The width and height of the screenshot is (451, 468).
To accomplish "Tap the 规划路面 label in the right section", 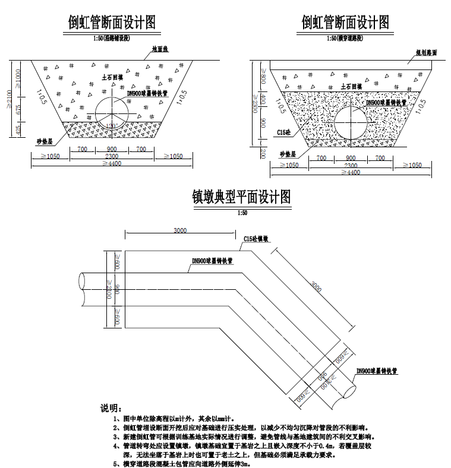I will click(x=426, y=52).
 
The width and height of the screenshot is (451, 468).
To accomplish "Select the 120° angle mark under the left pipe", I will click(x=110, y=125).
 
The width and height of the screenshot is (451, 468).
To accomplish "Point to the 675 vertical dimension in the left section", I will click(x=19, y=109).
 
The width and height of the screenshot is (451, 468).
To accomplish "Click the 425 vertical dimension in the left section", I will click(x=19, y=129).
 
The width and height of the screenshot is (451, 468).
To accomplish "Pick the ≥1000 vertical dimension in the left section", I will click(x=19, y=77).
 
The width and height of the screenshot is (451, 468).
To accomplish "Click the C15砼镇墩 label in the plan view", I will click(x=256, y=239).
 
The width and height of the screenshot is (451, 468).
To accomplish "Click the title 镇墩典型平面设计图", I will click(x=241, y=197).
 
